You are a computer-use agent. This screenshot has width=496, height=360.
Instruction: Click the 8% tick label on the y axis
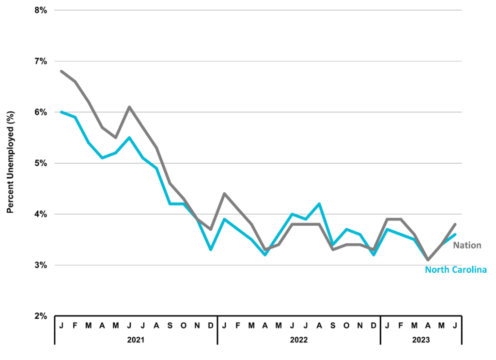click(41, 11)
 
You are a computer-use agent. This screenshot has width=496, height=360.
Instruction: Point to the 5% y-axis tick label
click(41, 164)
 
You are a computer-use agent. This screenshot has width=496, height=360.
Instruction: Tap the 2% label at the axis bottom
click(41, 316)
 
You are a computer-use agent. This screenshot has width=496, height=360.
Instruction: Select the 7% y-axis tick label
click(41, 62)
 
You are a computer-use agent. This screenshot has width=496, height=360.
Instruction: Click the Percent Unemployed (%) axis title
click(11, 162)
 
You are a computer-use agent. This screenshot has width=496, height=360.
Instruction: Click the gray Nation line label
click(467, 245)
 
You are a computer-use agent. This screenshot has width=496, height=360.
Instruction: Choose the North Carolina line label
click(455, 269)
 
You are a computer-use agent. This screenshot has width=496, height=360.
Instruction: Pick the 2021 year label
click(136, 340)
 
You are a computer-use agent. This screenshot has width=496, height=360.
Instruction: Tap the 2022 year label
click(298, 340)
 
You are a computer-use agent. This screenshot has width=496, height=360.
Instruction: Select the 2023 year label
click(421, 340)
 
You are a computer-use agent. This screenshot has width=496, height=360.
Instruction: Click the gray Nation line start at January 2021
click(62, 72)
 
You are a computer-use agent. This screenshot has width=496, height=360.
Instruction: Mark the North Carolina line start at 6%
click(62, 112)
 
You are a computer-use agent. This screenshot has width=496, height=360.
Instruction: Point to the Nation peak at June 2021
click(129, 107)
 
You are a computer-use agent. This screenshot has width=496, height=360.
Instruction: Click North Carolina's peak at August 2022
click(319, 203)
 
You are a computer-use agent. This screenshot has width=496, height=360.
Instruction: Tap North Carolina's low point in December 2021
click(211, 250)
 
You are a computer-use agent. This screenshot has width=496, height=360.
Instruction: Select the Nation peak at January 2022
click(224, 193)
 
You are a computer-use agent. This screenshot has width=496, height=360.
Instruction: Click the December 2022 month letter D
click(373, 326)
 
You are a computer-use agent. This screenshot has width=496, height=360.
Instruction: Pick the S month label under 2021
click(170, 326)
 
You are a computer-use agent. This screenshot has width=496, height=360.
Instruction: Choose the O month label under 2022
click(346, 326)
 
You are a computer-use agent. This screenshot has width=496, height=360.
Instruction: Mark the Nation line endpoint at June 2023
click(455, 224)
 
